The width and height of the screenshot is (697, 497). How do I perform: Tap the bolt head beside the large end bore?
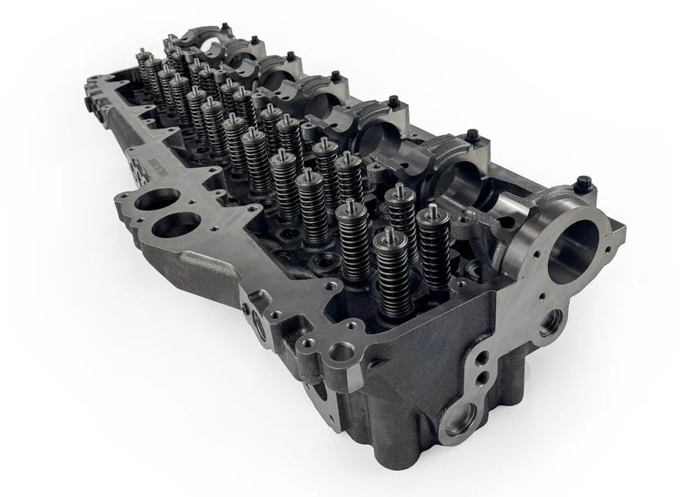584,183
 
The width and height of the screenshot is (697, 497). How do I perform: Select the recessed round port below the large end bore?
550,324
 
